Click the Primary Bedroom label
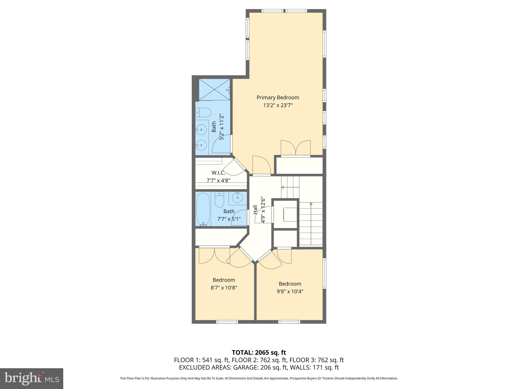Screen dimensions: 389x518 (x=278, y=98)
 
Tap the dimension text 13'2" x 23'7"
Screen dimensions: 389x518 (x=278, y=105)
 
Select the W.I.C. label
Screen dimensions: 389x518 (x=218, y=173)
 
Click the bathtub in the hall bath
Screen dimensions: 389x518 (x=203, y=209)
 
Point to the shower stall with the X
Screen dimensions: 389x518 (x=214, y=90)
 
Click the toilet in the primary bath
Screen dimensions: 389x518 (x=204, y=112)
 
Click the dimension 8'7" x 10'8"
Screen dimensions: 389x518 (x=224, y=288)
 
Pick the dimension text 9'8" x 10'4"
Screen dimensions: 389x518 (x=290, y=291)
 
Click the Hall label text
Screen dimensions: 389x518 (x=255, y=210)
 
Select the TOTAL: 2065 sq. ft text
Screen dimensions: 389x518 (x=259, y=353)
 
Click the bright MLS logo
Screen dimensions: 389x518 (x=32, y=378)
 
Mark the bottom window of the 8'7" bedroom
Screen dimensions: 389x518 (x=227, y=322)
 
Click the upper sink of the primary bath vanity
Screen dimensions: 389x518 (x=201, y=129)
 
